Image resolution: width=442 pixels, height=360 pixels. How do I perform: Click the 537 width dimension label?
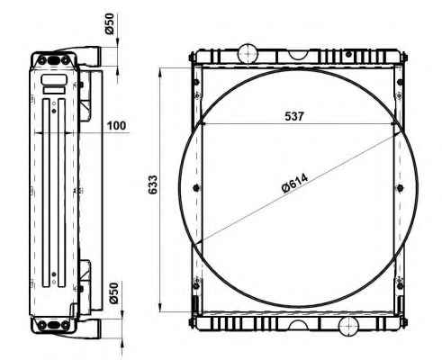pos(294,116)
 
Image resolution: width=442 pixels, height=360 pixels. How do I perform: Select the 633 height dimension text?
pos(152,184)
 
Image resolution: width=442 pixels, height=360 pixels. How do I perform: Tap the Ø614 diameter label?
pos(294,184)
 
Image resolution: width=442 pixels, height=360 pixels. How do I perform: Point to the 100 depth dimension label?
pos(117,125)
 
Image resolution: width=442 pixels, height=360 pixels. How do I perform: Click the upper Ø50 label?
pos(110,24)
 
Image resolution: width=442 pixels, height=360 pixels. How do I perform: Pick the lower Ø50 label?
pos(114,293)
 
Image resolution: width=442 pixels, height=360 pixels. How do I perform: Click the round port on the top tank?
pos(248,53)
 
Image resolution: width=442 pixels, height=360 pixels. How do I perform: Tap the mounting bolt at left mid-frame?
pos(196,188)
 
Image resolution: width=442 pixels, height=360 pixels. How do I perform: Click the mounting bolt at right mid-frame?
pos(400,188)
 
